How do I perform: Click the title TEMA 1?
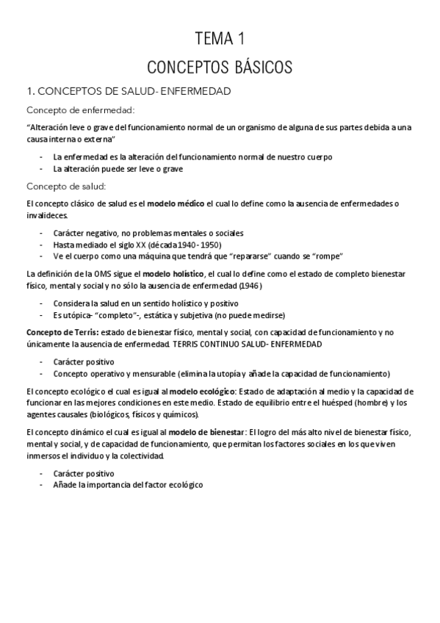point(220,39)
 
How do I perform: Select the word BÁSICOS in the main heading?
point(258,68)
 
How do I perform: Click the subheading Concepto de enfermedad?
point(80,110)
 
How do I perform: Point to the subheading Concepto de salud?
point(66,185)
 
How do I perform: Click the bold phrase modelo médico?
point(176,202)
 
